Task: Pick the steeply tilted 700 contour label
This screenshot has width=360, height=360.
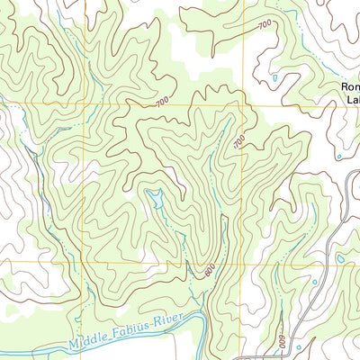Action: pyautogui.click(x=239, y=141)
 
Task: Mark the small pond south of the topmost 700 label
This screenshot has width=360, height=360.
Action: pyautogui.click(x=275, y=78)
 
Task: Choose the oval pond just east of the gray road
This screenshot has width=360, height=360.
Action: pyautogui.click(x=340, y=259)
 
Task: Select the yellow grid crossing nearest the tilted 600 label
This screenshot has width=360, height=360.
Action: pyautogui.click(x=190, y=262)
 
